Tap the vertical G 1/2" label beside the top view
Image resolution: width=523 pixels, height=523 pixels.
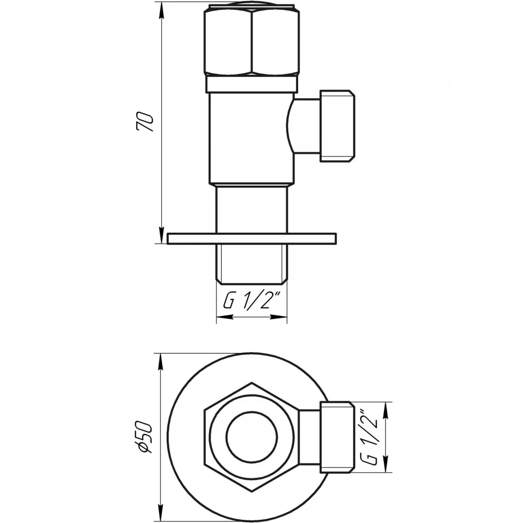[369, 437]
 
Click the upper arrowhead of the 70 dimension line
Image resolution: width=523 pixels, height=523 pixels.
[161, 9]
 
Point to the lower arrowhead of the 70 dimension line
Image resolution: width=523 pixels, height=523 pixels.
[161, 236]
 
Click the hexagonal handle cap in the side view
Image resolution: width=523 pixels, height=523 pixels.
[252, 40]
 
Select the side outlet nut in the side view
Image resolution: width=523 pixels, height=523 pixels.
[337, 126]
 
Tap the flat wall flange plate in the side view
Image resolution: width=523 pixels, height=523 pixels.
[252, 238]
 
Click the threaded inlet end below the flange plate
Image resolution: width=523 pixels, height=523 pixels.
[252, 264]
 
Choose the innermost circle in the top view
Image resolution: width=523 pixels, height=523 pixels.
[252, 437]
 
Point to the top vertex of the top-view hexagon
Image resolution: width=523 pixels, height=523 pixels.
[252, 383]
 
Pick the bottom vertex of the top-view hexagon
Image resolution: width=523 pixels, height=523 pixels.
[252, 491]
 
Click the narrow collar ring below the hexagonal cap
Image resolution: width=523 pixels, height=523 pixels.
[252, 85]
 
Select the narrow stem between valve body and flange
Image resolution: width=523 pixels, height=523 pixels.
[252, 209]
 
